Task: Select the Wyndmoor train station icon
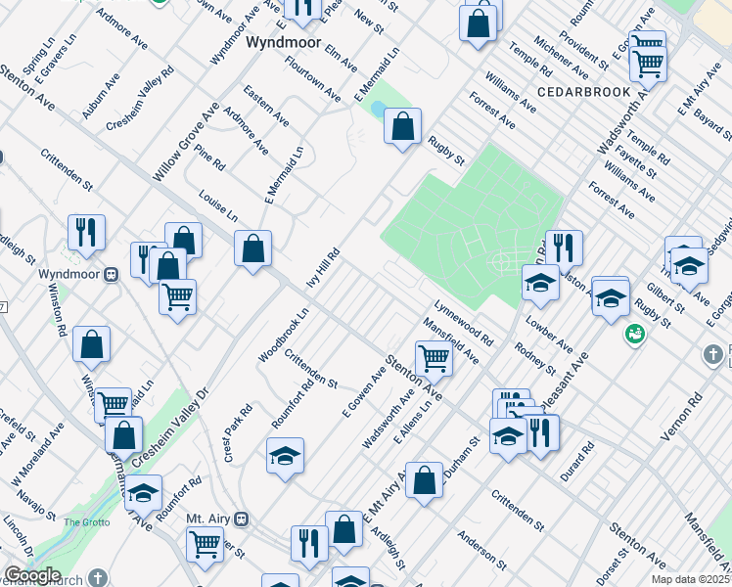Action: pyautogui.click(x=112, y=275)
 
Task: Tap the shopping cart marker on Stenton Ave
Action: pyautogui.click(x=433, y=358)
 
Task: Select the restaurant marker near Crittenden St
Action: pyautogui.click(x=86, y=232)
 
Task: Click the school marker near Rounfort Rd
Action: pyautogui.click(x=285, y=456)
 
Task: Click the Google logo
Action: pyautogui.click(x=31, y=575)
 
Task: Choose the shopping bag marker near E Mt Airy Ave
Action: pyautogui.click(x=424, y=480)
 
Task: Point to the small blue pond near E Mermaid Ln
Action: pyautogui.click(x=377, y=109)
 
